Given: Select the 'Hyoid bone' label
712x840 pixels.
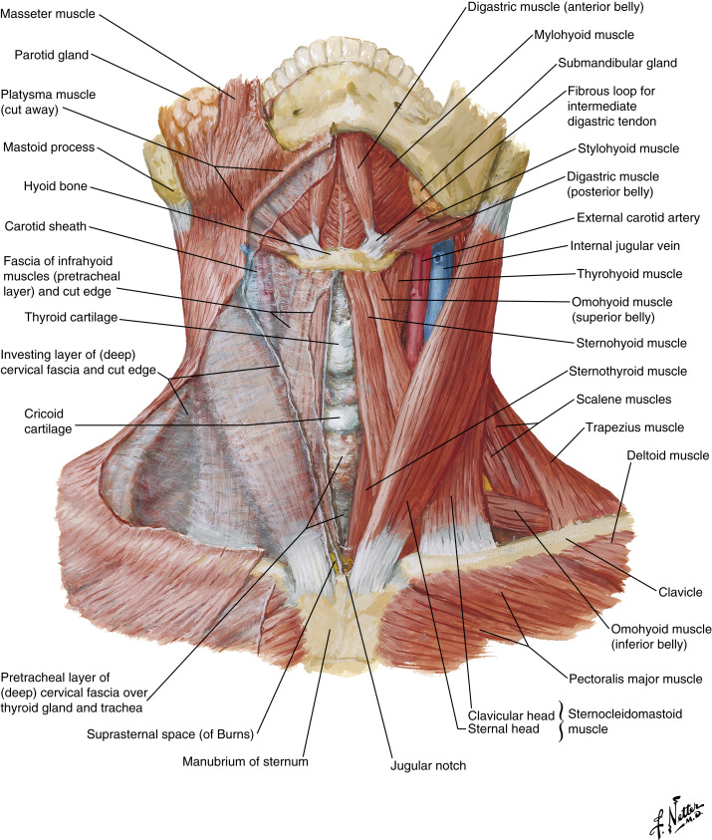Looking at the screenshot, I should [52, 184].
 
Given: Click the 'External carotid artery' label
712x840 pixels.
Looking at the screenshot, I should [638, 217].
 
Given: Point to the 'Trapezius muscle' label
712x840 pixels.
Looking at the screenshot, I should [634, 427].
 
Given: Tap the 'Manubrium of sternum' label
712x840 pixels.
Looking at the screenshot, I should [246, 762].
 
